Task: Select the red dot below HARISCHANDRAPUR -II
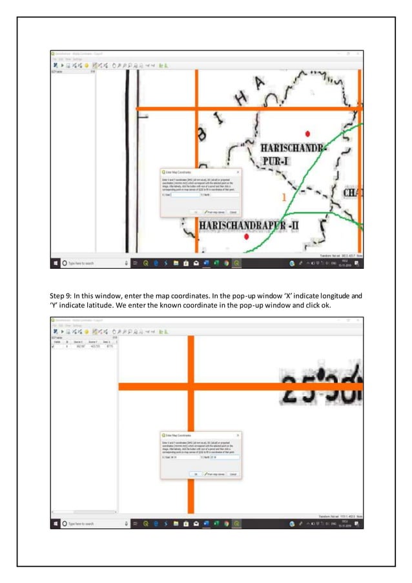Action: pos(247,237)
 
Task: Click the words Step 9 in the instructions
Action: pos(61,296)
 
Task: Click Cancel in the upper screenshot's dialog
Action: pos(233,211)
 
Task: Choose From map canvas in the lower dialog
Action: pos(214,474)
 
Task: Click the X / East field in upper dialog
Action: pos(186,194)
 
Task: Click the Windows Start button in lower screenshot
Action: pos(56,524)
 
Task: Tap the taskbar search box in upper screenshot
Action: pos(90,263)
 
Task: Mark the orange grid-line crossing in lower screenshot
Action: pos(191,386)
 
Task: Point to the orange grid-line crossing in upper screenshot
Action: pos(197,108)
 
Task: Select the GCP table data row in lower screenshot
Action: pos(84,346)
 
